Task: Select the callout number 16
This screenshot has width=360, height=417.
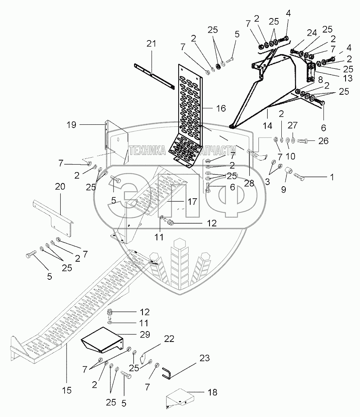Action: (221, 108)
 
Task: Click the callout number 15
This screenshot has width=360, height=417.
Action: (67, 389)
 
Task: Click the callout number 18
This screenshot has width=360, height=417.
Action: (212, 392)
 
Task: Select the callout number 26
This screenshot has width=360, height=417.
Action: (323, 141)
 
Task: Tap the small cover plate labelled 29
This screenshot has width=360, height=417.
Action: (103, 340)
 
